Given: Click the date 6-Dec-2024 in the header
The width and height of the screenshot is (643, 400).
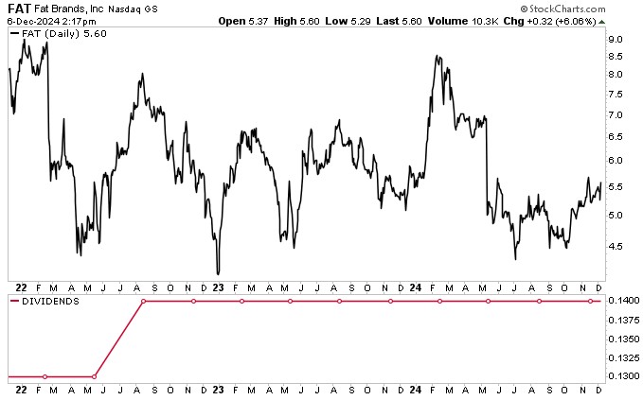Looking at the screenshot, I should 31,20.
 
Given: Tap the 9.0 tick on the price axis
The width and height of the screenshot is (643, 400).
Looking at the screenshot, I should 615,40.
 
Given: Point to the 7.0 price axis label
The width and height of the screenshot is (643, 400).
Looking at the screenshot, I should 615,114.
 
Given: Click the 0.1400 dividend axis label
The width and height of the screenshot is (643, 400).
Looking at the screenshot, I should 621,301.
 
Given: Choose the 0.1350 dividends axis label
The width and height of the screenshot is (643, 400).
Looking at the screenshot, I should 621,339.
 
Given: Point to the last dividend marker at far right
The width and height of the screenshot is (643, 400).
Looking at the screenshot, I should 590,301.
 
